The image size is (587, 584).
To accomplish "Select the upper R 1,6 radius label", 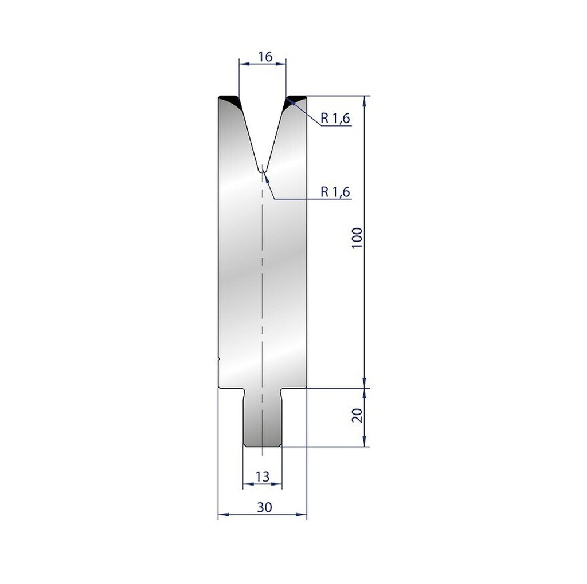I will (x=335, y=119).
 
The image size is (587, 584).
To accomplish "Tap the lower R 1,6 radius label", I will (x=335, y=192).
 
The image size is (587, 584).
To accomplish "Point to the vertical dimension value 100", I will (x=357, y=238).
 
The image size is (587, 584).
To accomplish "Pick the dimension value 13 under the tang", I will (x=263, y=476).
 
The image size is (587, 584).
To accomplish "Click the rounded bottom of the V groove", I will (x=262, y=170).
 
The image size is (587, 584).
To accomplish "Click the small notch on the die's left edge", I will (x=220, y=360).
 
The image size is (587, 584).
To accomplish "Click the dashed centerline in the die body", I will (x=262, y=286).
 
